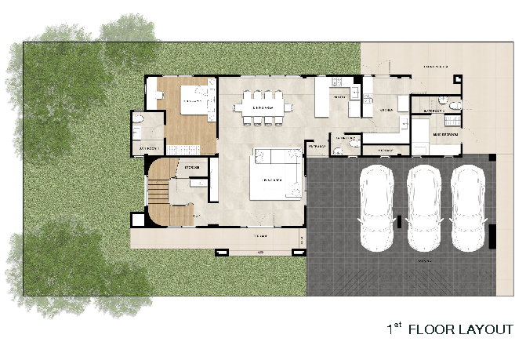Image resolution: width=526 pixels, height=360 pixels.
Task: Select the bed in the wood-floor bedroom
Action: [194, 100]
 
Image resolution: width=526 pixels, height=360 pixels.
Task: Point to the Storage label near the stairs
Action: [191, 167]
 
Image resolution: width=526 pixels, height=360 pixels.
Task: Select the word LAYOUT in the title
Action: [488, 329]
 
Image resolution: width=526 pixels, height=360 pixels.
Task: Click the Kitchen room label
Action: [386, 111]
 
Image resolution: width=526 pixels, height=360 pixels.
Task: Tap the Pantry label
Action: [339, 96]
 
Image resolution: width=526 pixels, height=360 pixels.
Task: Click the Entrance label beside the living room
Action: [317, 147]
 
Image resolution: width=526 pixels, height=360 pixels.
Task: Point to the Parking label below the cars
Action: [426, 259]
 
